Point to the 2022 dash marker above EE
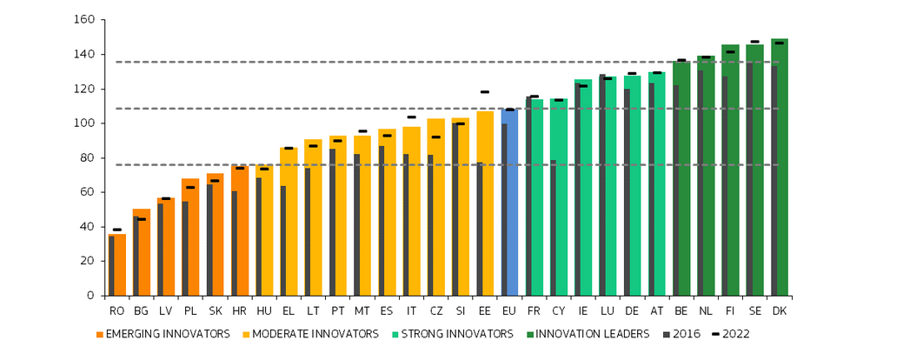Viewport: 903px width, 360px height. (x=484, y=91)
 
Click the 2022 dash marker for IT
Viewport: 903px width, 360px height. (x=411, y=117)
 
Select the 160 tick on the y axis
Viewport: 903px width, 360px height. (x=84, y=19)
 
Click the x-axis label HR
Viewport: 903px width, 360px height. (x=239, y=310)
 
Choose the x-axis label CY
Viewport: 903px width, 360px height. (x=558, y=310)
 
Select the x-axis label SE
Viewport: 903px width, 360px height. (x=754, y=310)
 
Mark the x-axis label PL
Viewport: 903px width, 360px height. (x=190, y=310)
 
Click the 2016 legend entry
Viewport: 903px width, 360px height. (x=682, y=334)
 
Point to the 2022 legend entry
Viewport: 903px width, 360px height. (x=731, y=334)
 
